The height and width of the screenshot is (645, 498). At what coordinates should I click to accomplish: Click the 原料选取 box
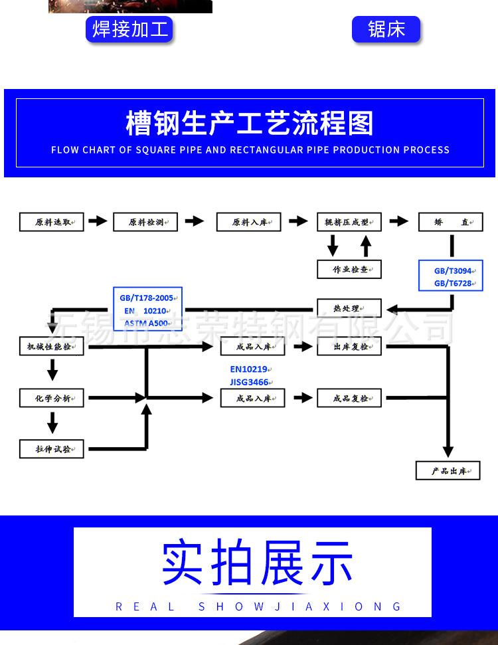click(52, 222)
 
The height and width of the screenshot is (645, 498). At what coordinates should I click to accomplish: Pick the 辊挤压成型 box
click(349, 222)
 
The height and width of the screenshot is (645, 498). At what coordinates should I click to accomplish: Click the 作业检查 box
click(349, 269)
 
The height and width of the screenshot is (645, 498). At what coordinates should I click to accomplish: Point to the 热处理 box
click(349, 308)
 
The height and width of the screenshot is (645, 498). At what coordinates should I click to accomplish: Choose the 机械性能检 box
click(52, 346)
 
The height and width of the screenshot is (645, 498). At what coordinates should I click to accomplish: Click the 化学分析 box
click(52, 399)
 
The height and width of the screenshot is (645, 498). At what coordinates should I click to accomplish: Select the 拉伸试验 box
click(52, 449)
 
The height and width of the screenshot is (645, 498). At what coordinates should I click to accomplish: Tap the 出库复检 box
click(349, 346)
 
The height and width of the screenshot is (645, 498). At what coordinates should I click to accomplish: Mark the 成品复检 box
click(349, 399)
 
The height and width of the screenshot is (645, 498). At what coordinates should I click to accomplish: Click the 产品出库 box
click(448, 470)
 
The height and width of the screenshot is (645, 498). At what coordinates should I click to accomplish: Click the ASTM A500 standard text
click(145, 323)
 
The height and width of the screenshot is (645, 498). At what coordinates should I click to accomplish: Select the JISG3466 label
click(249, 382)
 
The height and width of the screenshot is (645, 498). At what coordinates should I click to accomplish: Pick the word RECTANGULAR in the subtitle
click(266, 150)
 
